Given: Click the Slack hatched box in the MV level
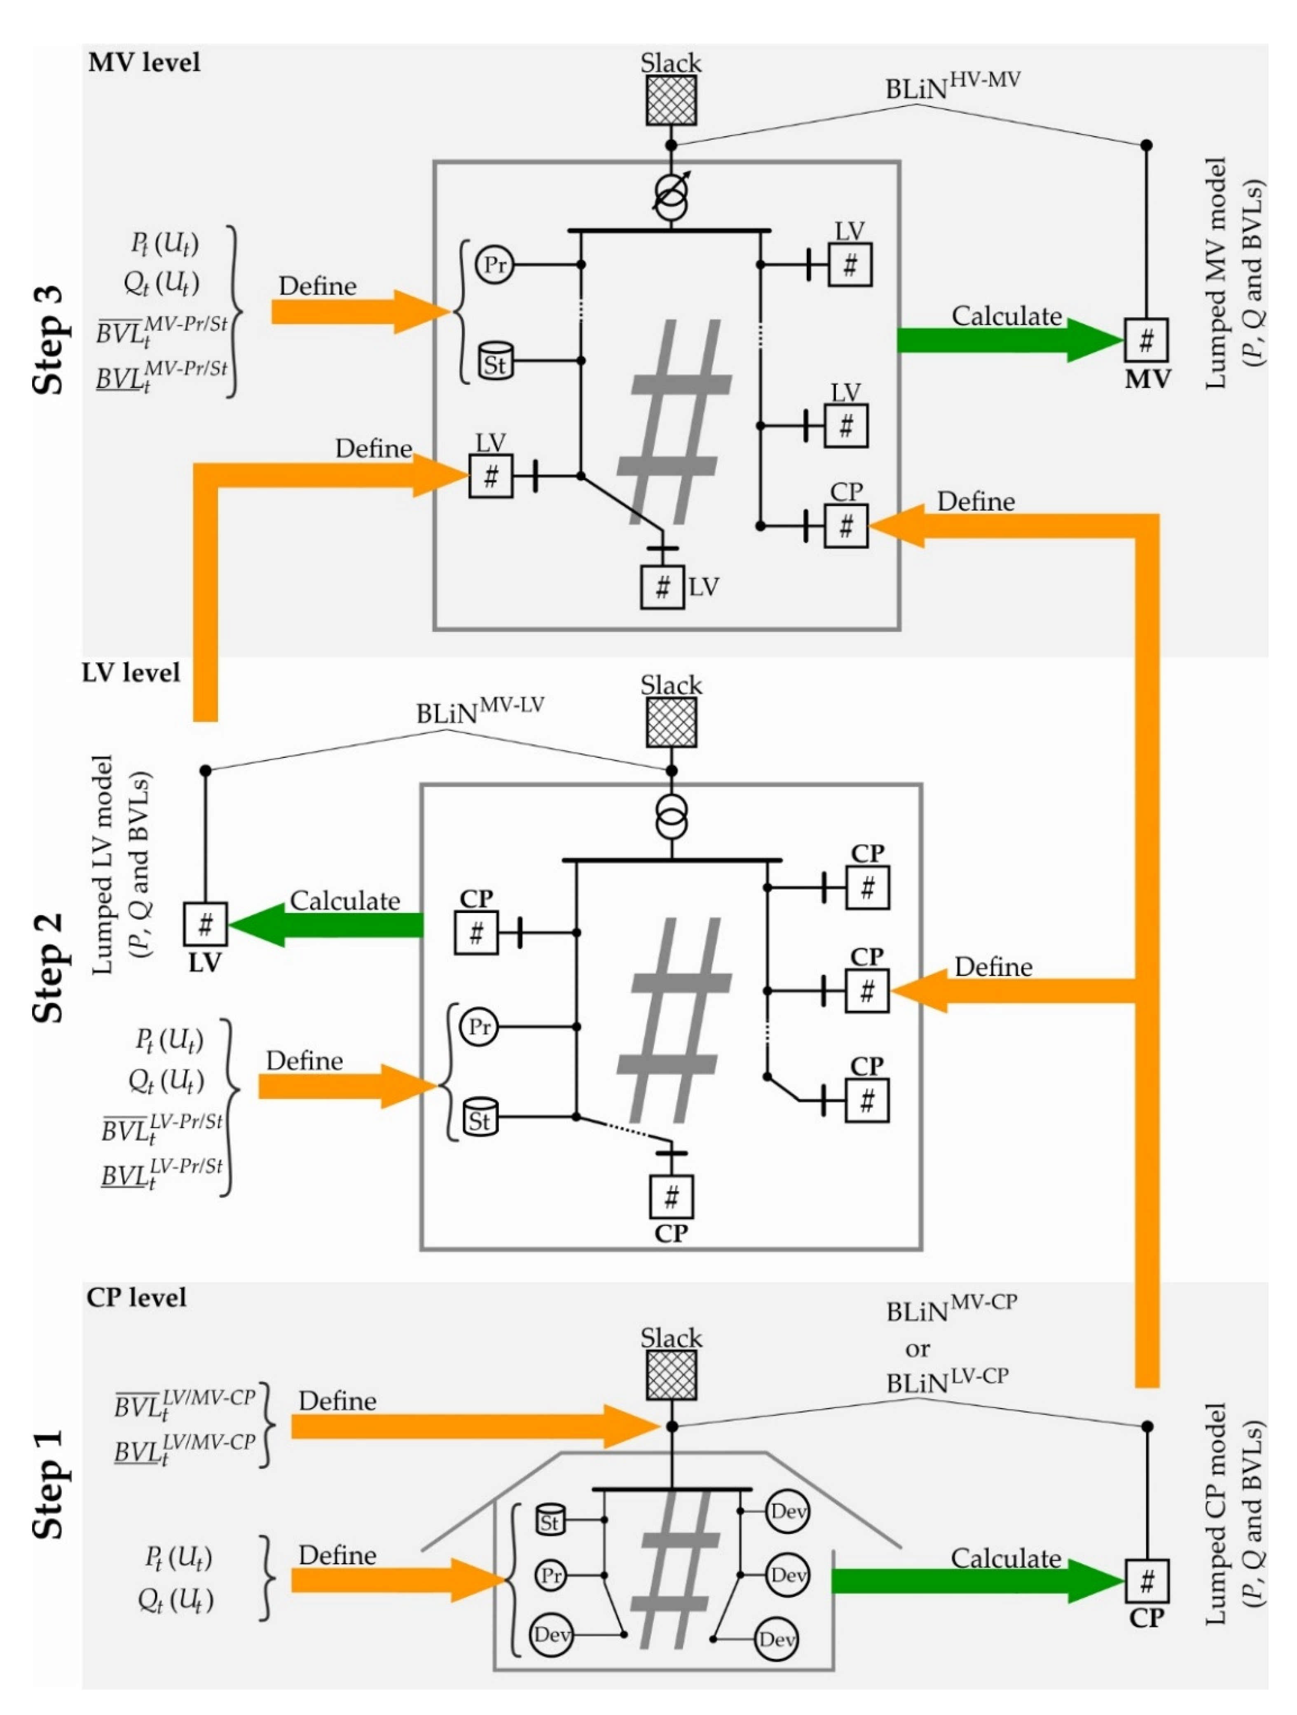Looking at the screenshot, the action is (671, 100).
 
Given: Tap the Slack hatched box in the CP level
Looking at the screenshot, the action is (671, 1375).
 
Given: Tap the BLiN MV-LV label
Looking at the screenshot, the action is (480, 709).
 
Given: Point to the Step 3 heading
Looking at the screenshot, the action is (48, 341).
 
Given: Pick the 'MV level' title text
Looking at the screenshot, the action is (144, 62).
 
